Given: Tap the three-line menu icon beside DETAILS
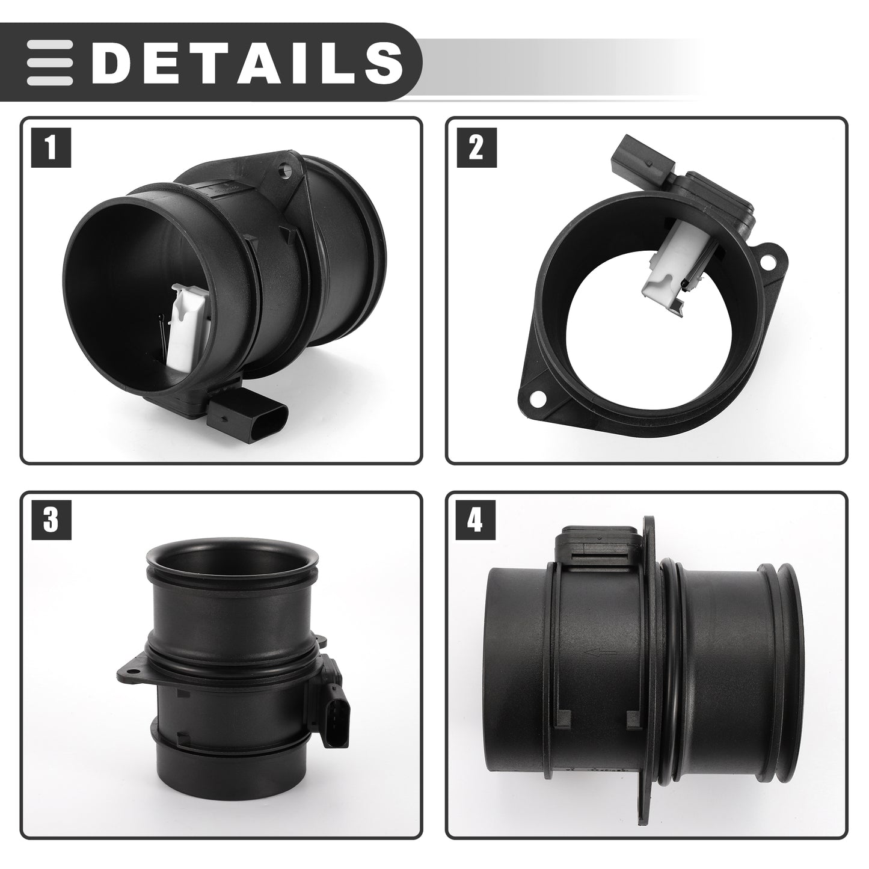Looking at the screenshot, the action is point(49,63).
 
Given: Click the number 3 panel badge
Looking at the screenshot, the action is point(51,520).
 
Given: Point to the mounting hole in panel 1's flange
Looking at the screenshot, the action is point(285,172).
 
